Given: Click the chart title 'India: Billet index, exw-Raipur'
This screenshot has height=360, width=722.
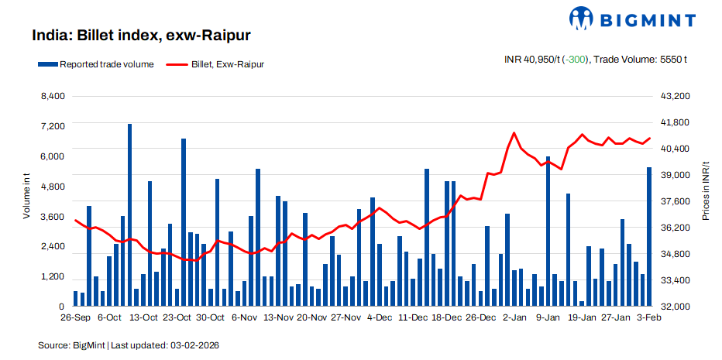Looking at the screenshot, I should (140, 36).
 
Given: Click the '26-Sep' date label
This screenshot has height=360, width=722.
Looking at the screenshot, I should (75, 318).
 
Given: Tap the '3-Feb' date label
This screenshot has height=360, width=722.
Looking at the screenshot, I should (648, 318).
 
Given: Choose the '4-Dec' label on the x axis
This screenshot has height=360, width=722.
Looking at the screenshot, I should (380, 318).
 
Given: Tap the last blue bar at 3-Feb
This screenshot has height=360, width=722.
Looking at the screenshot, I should (649, 236).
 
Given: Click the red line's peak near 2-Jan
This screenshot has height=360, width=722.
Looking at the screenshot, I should (514, 133).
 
